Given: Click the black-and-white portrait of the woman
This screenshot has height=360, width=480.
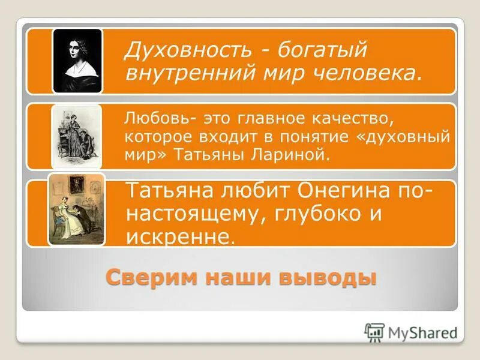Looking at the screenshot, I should coord(77,61).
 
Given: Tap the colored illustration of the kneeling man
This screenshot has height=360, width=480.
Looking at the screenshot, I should coord(77,210).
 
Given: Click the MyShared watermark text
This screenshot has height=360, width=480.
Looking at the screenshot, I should coord(422,332).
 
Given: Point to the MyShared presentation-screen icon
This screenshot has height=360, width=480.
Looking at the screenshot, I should coord(374,332).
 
